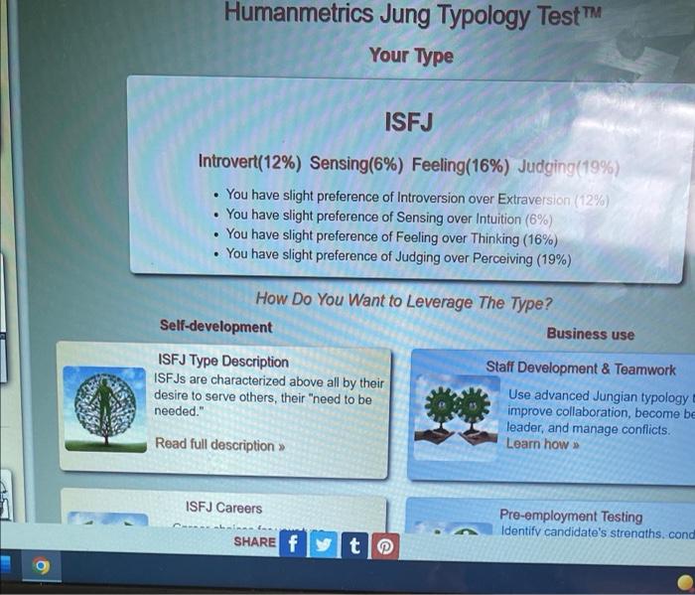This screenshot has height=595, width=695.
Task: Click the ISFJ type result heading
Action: [408, 124]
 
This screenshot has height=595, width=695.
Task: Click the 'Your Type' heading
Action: [411, 56]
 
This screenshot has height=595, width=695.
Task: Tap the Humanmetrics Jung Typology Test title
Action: [411, 14]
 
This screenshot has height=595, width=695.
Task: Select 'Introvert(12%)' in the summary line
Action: [250, 162]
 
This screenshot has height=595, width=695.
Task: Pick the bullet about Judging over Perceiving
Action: [398, 256]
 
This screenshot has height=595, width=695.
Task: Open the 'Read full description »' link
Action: [219, 445]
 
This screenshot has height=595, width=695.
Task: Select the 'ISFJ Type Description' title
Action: [223, 362]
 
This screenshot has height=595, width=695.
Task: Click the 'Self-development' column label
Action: [215, 326]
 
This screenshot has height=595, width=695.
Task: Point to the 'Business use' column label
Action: [590, 334]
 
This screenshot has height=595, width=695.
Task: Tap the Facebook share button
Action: [293, 543]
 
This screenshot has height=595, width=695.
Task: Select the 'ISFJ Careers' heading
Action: [224, 508]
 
